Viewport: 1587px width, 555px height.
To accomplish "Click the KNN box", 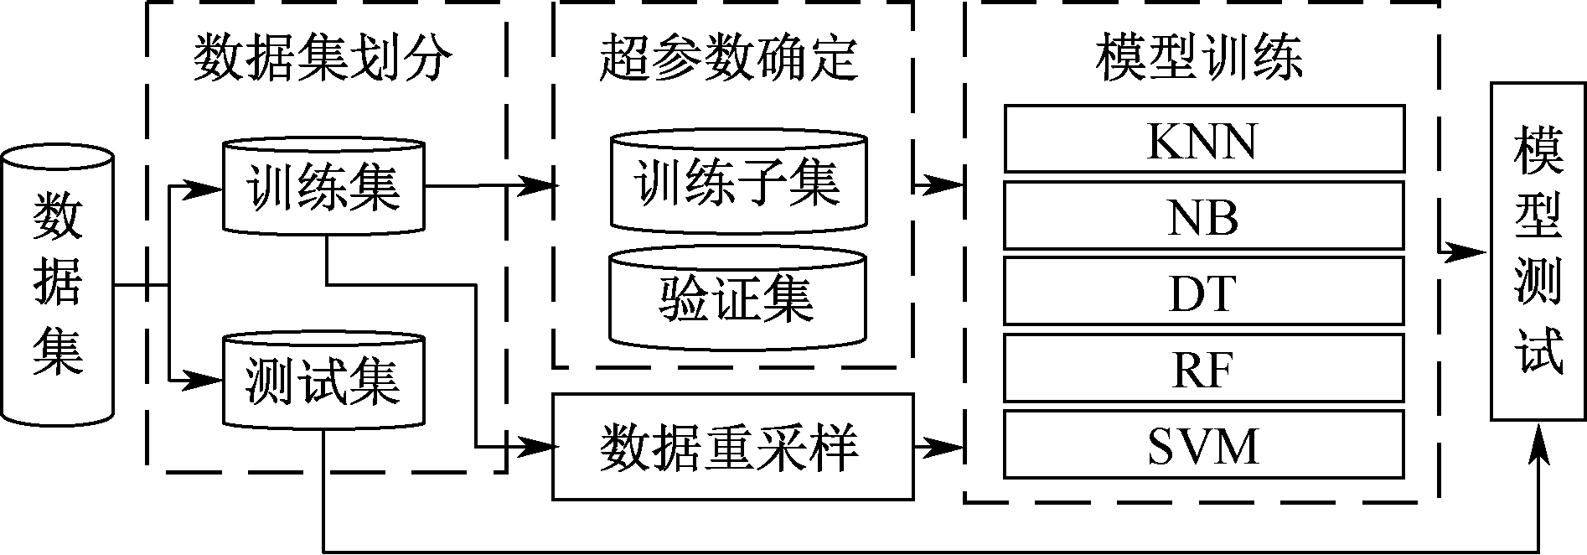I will point(1203,139).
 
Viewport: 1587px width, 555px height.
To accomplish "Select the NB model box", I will point(1203,216).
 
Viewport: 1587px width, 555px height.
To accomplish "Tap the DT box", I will point(1203,292).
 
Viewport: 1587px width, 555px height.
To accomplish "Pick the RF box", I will point(1203,369).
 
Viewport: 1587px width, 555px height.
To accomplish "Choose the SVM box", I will point(1203,444).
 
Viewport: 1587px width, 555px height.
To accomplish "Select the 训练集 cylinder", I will point(323,186).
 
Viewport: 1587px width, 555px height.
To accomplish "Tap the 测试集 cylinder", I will point(323,382).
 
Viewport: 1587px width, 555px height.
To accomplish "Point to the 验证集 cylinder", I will point(738,298).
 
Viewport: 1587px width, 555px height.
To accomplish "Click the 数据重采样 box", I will point(731,447).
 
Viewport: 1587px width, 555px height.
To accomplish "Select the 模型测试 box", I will point(1539,251).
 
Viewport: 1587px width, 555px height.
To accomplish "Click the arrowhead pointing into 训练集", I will point(209,188).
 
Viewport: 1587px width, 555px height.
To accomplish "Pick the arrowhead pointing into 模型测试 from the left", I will point(1476,251).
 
